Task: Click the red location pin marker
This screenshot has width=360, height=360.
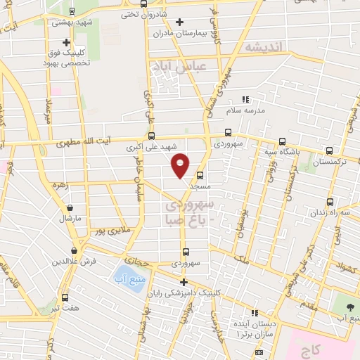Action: click(181, 164)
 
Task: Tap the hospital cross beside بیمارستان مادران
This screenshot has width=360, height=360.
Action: click(180, 22)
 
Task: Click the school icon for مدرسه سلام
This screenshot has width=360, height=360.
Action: click(245, 101)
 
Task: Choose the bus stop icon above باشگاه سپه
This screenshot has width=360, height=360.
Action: click(282, 141)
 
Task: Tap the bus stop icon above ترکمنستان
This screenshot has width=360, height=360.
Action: click(330, 150)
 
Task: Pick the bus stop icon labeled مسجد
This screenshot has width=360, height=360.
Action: click(200, 176)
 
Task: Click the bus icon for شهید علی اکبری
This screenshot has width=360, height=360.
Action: click(151, 136)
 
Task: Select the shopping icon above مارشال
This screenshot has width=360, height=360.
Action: click(70, 207)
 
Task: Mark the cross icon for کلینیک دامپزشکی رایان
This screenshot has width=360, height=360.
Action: click(183, 282)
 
